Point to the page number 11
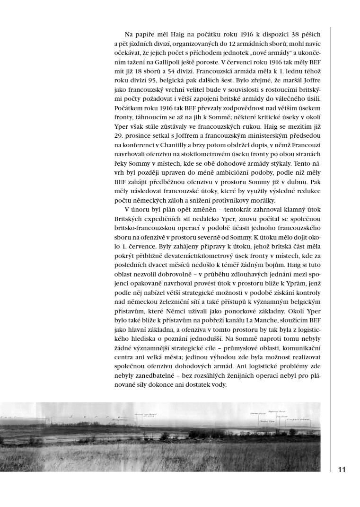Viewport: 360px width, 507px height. pyautogui.click(x=342, y=470)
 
